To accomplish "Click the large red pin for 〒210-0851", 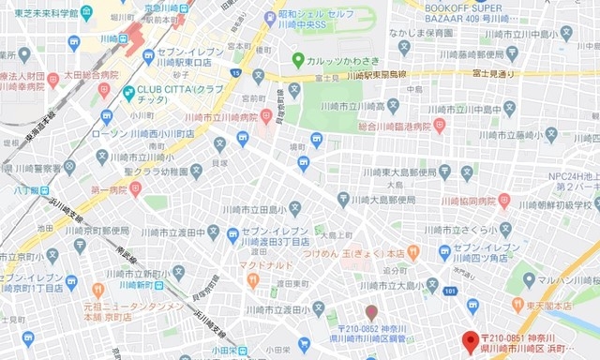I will (470, 339).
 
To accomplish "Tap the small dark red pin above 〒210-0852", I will (371, 311).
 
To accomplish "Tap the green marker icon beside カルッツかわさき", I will (298, 58).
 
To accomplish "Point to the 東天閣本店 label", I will (563, 305).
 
